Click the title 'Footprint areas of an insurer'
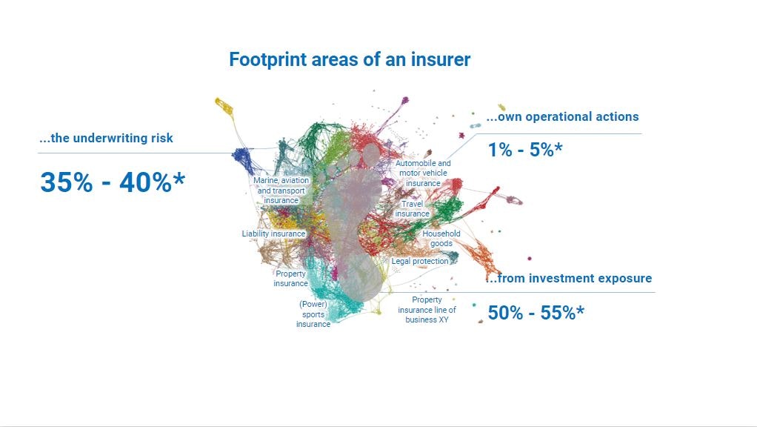click(x=350, y=59)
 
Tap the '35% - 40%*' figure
click(x=113, y=182)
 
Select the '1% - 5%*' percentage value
click(x=525, y=150)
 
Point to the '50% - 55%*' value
click(x=536, y=313)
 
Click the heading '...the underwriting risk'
click(x=106, y=138)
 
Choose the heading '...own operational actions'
click(x=562, y=116)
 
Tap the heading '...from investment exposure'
click(x=569, y=278)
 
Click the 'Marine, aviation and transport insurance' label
click(x=281, y=191)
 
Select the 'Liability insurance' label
click(x=274, y=234)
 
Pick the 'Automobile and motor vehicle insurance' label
click(x=423, y=173)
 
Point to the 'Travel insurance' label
click(x=413, y=208)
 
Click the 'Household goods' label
click(x=441, y=239)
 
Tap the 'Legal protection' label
click(x=420, y=262)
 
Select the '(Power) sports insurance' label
click(x=313, y=314)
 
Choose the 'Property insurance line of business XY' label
click(x=427, y=310)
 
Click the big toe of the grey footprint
click(x=371, y=154)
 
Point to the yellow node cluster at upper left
click(x=224, y=106)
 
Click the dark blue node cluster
click(x=243, y=157)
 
